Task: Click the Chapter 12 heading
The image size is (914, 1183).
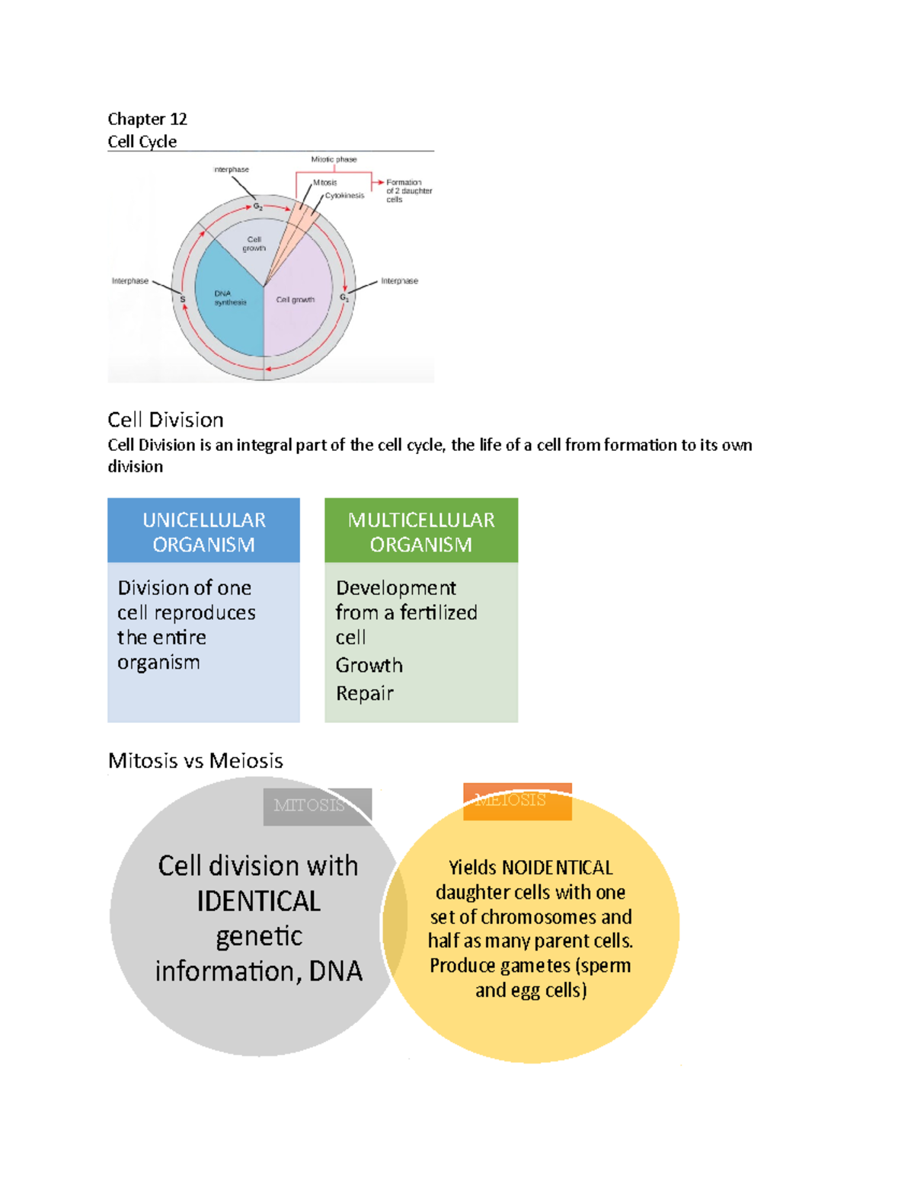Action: (147, 119)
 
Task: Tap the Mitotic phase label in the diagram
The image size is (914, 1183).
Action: (334, 159)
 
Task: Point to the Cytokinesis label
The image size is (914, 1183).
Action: (345, 196)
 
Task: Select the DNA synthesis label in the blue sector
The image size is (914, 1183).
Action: (229, 298)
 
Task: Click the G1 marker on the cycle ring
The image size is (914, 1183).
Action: (344, 297)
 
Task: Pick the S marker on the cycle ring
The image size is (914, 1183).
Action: (183, 299)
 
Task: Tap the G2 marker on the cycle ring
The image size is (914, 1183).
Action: (258, 206)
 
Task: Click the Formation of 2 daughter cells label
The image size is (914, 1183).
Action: (408, 190)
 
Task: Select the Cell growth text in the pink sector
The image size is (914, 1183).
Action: (296, 299)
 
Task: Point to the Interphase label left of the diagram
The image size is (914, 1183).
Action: (130, 281)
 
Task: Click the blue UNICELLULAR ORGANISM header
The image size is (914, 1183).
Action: (203, 531)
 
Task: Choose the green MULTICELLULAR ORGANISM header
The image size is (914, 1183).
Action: (421, 531)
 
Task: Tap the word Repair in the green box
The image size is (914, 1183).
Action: (365, 693)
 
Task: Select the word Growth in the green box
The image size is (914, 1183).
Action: (369, 665)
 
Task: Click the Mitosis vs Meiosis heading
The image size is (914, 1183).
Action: (196, 760)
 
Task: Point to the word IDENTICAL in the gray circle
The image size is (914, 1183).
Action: (259, 901)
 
